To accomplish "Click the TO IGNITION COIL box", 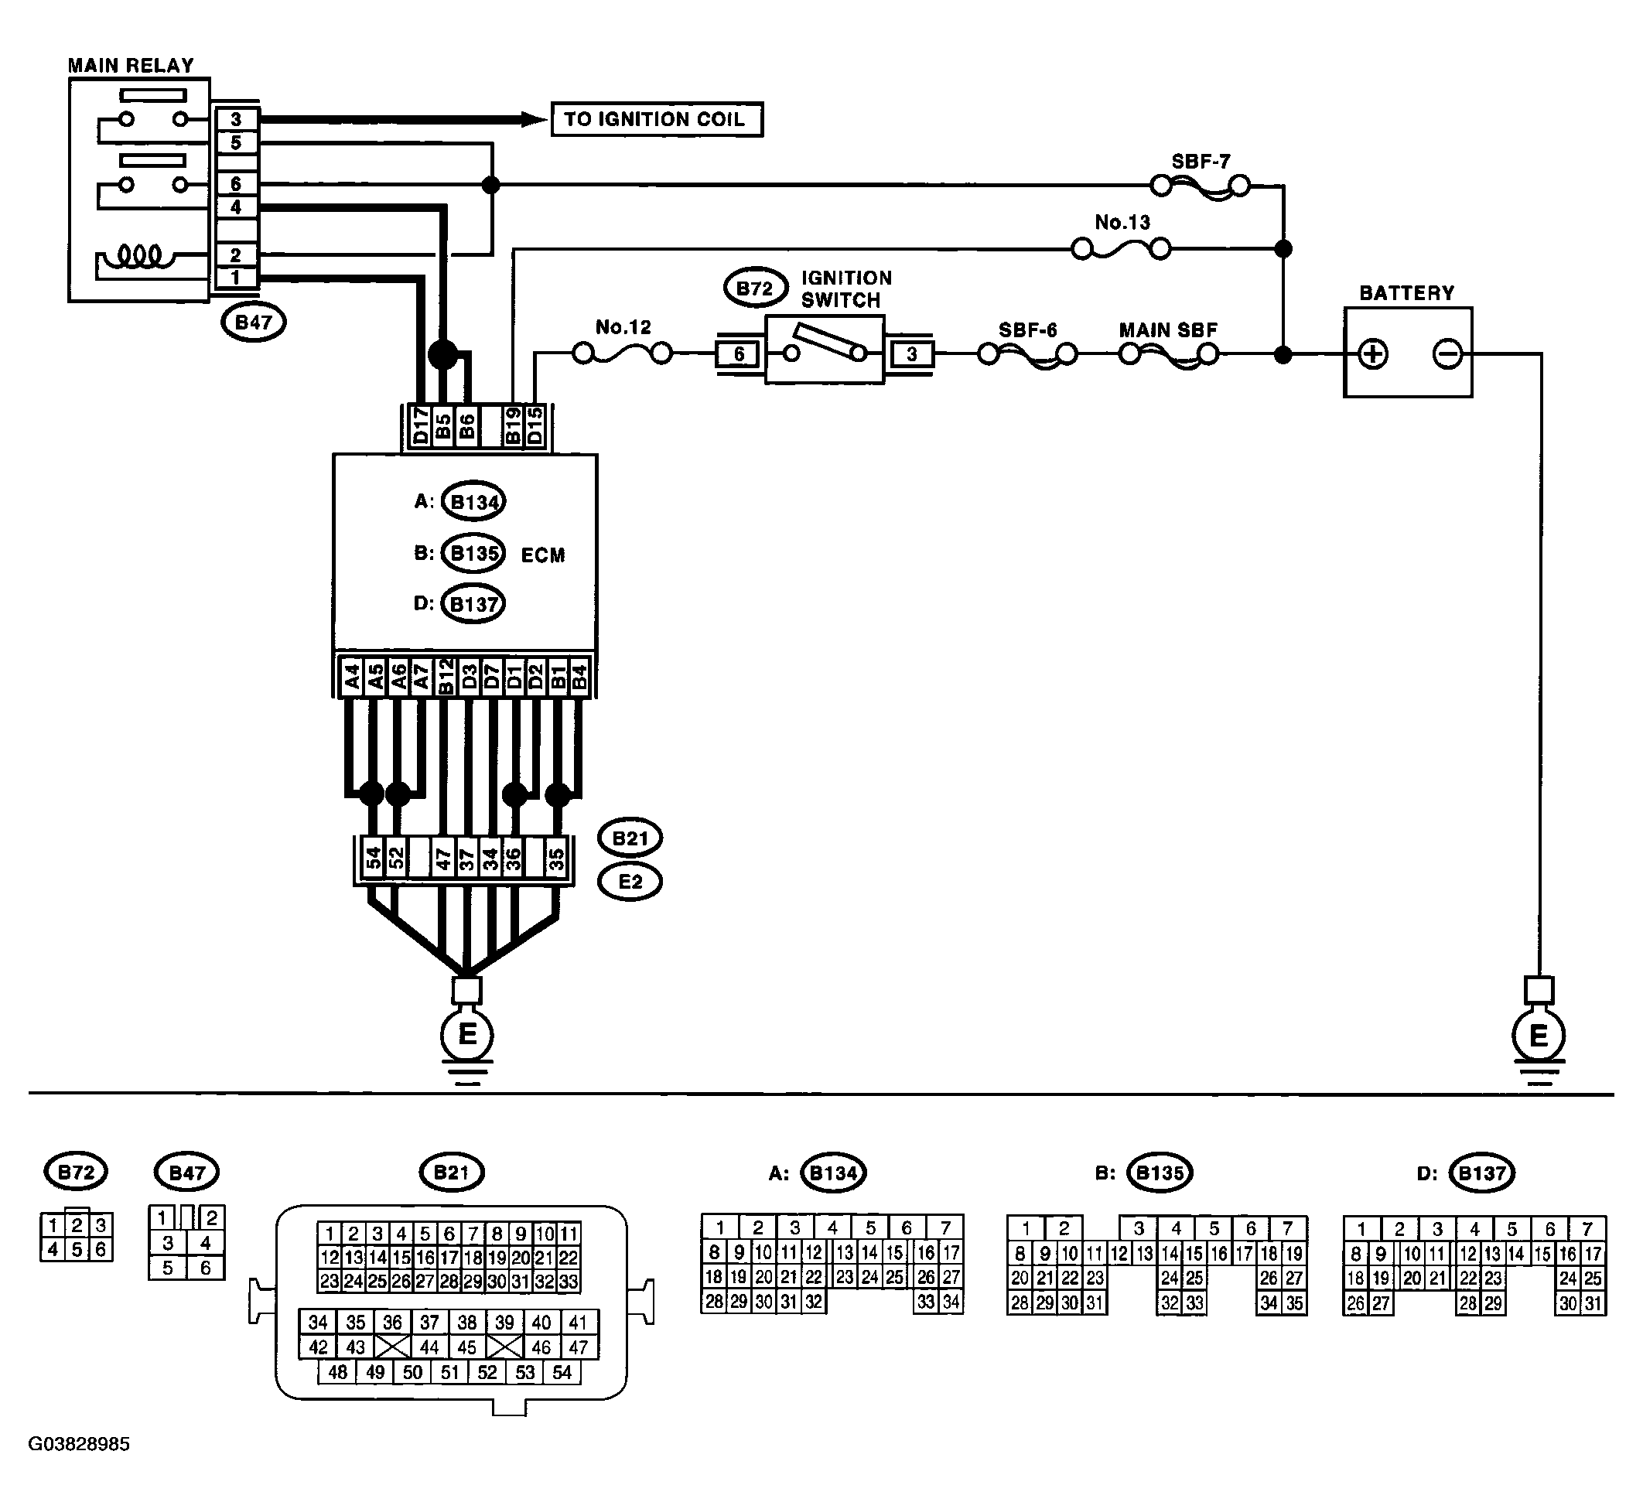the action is click(657, 119).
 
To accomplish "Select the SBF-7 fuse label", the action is click(1201, 162).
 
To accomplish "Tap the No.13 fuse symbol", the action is click(1120, 248).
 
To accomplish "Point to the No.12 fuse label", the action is click(623, 327).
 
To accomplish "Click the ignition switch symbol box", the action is click(825, 351).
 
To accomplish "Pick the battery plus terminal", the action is click(1373, 354).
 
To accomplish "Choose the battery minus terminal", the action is click(1447, 354).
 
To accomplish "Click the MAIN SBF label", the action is click(1168, 330).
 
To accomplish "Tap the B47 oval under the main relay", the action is click(253, 323).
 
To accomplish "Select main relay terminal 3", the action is click(236, 119).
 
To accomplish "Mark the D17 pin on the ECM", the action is click(420, 427).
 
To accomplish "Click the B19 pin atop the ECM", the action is click(512, 427).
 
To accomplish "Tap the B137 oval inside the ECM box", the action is click(473, 604).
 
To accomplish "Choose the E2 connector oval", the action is click(630, 882).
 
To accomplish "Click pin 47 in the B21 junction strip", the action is click(443, 859).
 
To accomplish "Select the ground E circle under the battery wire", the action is click(1539, 1036).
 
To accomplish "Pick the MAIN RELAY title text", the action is click(131, 65).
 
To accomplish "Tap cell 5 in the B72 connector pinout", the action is click(76, 1249).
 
